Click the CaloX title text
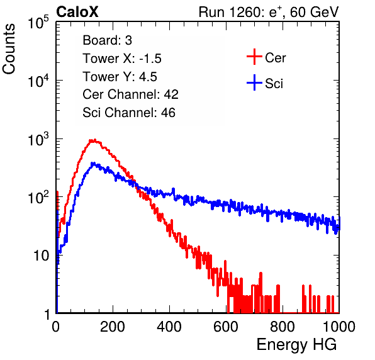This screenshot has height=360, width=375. (x=77, y=12)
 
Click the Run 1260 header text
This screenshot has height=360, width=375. (x=269, y=13)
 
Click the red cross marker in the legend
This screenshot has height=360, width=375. (x=254, y=57)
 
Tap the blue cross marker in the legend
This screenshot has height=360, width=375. (x=254, y=82)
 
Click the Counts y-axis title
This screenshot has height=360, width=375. (x=9, y=49)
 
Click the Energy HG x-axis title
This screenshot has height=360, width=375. (x=296, y=345)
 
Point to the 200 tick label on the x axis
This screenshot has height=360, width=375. (x=113, y=327)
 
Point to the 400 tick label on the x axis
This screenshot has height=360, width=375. (x=169, y=327)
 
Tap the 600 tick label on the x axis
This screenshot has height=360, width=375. (x=226, y=327)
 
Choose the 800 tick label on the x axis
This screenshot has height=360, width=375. (x=283, y=327)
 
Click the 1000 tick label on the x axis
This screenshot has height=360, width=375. (x=339, y=327)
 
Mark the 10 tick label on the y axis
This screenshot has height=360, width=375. (x=42, y=256)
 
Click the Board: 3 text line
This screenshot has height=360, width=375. (x=108, y=40)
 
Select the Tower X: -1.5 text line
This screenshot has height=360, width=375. (x=122, y=59)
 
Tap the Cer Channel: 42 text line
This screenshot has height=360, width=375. (x=131, y=94)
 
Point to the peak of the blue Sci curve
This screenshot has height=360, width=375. (x=94, y=164)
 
